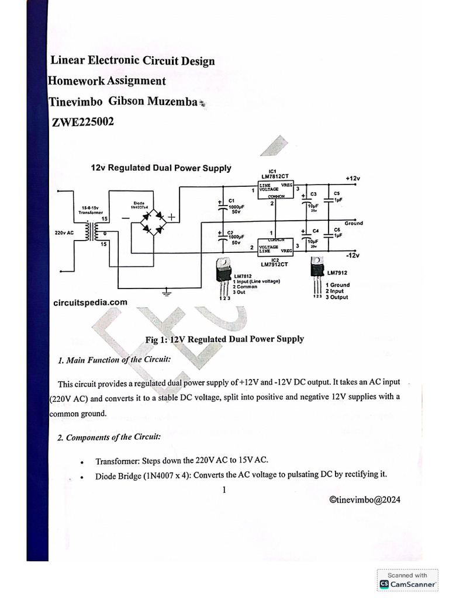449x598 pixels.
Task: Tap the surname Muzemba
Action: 169,102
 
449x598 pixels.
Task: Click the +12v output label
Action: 353,178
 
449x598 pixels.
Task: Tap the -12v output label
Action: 352,256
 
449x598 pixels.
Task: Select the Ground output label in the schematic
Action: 353,223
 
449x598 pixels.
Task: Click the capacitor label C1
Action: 232,200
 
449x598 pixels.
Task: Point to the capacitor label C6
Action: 337,230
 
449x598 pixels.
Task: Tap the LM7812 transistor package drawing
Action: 223,272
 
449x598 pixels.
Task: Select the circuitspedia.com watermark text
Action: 90,303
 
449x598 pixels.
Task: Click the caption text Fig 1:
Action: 157,339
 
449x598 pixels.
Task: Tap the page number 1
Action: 224,489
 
